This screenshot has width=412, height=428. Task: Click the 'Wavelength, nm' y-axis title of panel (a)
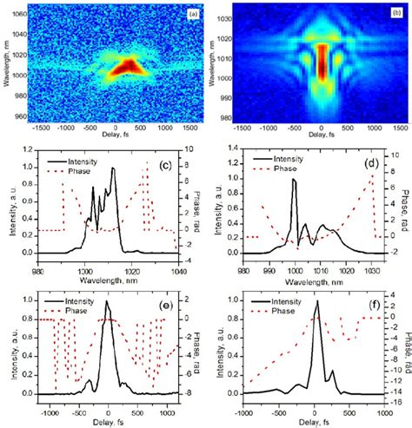click(5, 67)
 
